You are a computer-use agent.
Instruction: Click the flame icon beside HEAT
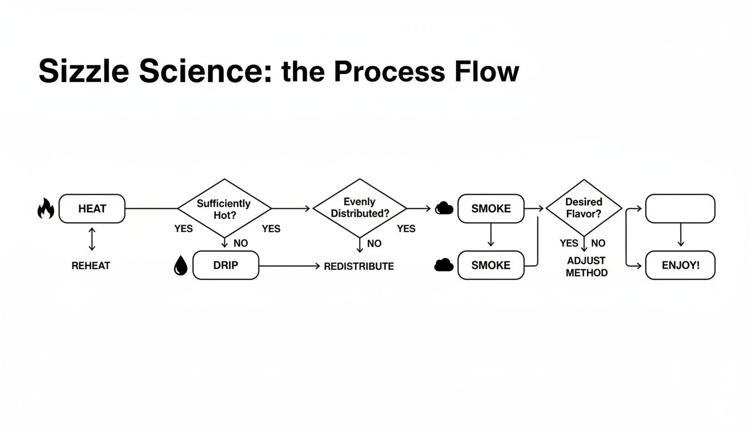[x=46, y=209]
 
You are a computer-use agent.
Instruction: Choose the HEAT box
[x=92, y=209]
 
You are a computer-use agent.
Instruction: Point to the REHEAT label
[x=91, y=266]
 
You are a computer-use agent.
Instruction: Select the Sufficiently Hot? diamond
[x=224, y=208]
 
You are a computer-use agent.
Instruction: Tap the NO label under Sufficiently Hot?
[x=241, y=244]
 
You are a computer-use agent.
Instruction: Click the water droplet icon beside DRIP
[x=180, y=266]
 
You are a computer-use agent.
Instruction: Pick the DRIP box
[x=225, y=265]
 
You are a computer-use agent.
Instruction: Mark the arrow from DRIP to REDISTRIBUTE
[x=290, y=266]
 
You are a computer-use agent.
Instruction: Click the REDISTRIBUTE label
[x=359, y=266]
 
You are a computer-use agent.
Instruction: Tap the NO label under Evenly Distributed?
[x=374, y=244]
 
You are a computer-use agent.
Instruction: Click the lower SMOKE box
[x=491, y=265]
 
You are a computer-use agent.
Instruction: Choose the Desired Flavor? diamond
[x=583, y=208]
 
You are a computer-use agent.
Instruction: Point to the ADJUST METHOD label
[x=586, y=266]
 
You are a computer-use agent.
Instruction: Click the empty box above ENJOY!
[x=680, y=208]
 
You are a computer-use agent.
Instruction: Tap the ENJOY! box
[x=680, y=265]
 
